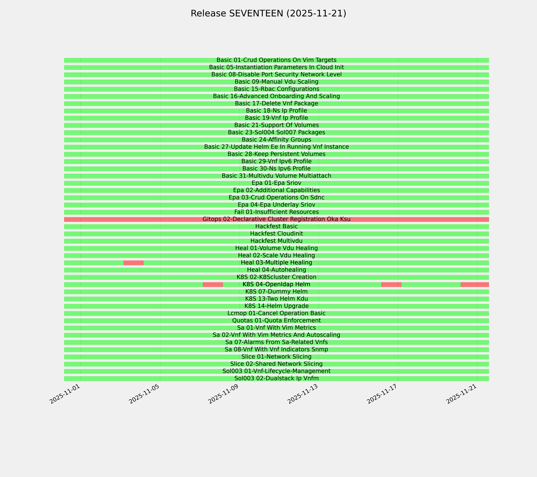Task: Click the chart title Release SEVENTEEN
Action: coord(268,13)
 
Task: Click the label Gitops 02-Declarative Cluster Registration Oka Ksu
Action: coord(276,219)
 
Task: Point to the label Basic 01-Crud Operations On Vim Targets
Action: coord(276,60)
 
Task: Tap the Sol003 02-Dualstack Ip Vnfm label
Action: coord(276,378)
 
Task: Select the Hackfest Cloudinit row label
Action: coord(276,234)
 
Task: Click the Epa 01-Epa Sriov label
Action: coord(276,183)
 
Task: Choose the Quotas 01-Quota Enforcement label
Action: coord(276,321)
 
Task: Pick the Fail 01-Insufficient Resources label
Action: coord(276,212)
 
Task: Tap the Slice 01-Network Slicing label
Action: coord(276,357)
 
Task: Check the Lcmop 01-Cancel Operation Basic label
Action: coord(276,313)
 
